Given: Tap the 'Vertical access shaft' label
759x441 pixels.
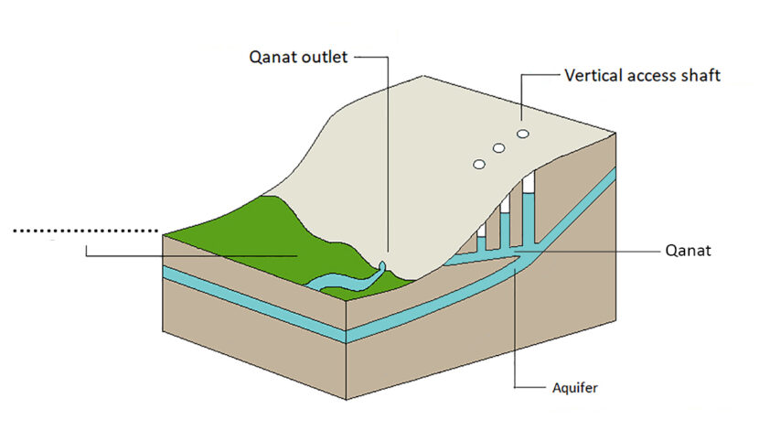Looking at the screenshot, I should point(643,76).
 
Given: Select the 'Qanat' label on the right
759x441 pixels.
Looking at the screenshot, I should point(689,248).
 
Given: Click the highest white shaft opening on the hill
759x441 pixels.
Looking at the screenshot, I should point(523,134).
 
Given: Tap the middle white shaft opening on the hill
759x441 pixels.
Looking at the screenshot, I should point(499,148).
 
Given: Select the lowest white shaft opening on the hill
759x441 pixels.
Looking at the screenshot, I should point(477,165).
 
